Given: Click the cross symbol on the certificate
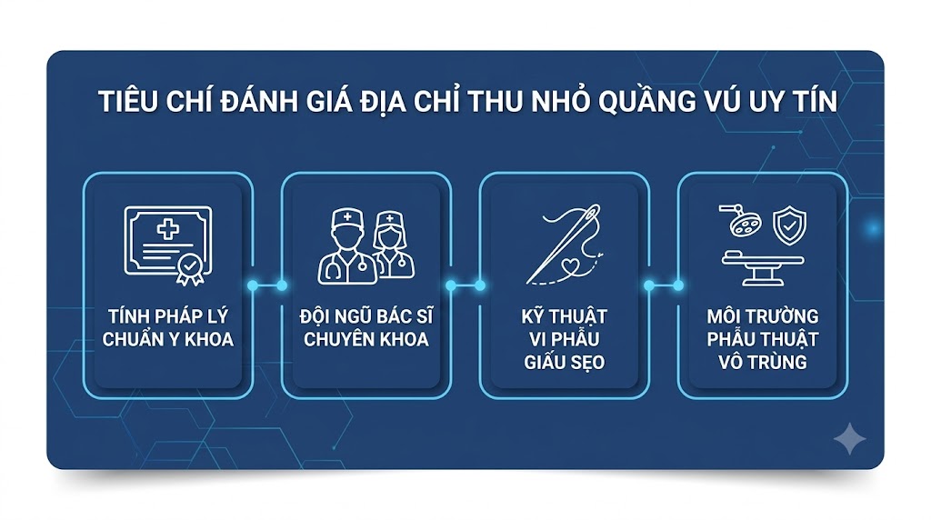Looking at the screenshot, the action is coord(168,229).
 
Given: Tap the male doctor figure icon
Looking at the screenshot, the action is coord(347,245).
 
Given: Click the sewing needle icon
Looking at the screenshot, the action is coord(564,244).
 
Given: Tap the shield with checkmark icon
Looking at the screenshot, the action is coord(789,225).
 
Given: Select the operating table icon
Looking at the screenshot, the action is coord(763,268).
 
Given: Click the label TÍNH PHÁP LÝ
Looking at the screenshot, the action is coord(168,315).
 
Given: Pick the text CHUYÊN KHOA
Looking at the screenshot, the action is coord(366,339).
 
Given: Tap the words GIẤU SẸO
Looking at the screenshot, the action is coord(564,362).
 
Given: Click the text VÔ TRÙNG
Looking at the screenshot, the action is coord(763,362).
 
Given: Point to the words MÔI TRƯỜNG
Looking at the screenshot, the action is coord(763,315).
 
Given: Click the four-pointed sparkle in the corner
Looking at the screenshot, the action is coord(850,439).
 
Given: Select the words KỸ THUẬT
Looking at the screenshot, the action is coord(564,315).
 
